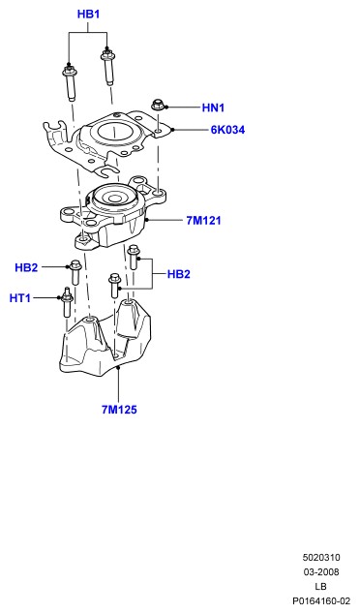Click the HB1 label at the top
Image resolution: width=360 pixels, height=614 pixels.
(88, 15)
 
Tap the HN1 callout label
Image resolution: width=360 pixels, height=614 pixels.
(213, 107)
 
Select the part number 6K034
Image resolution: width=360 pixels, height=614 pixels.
(227, 130)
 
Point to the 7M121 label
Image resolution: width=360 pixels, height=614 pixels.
(203, 221)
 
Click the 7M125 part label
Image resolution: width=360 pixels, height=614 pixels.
(119, 410)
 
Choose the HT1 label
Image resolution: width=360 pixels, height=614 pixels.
(20, 298)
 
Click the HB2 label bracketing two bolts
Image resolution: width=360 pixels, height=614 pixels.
(179, 274)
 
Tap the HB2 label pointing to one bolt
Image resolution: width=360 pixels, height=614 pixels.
(26, 268)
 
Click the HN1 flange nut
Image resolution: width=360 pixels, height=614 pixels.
(157, 105)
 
